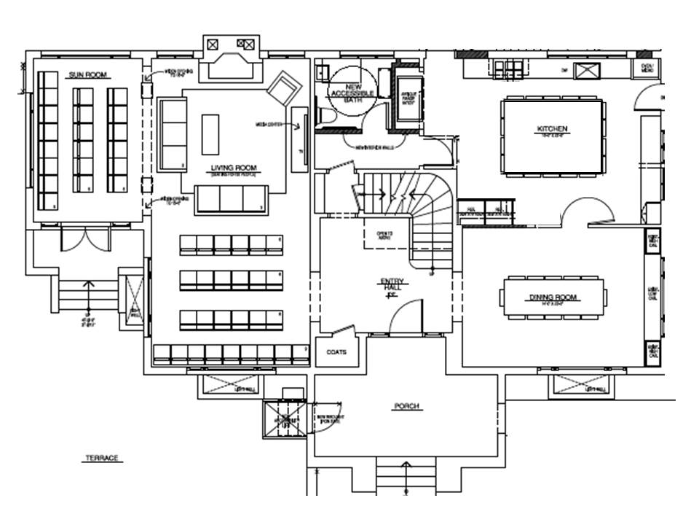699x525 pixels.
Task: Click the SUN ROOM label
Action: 84,75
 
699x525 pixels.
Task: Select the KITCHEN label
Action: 552,130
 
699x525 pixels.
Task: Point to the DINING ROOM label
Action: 552,297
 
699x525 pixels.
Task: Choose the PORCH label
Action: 406,406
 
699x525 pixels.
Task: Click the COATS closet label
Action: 336,352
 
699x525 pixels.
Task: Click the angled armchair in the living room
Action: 285,90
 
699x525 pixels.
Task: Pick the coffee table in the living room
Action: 210,133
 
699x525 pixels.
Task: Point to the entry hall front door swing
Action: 404,318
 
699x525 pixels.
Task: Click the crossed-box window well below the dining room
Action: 580,385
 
